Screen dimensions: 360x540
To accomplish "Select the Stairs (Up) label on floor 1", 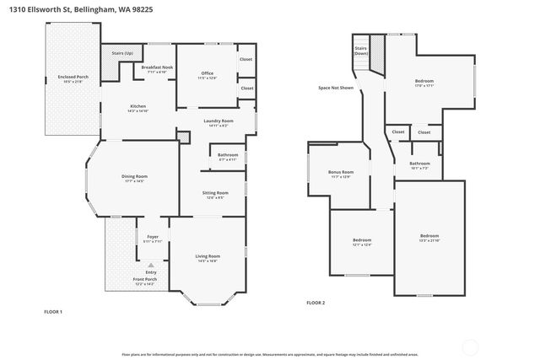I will pos(121,53).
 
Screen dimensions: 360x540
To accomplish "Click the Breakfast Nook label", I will pos(157,68).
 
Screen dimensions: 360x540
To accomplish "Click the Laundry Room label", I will pos(216,122).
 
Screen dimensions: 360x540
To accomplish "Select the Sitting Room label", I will pos(213,195).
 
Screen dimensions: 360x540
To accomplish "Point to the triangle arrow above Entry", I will pos(151,265).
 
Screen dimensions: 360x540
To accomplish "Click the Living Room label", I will pos(208,258).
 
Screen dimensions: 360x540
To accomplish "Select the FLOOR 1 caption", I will pos(54,312).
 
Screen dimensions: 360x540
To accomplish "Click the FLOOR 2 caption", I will pos(316,302).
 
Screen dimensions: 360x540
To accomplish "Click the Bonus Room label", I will pos(341,174).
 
